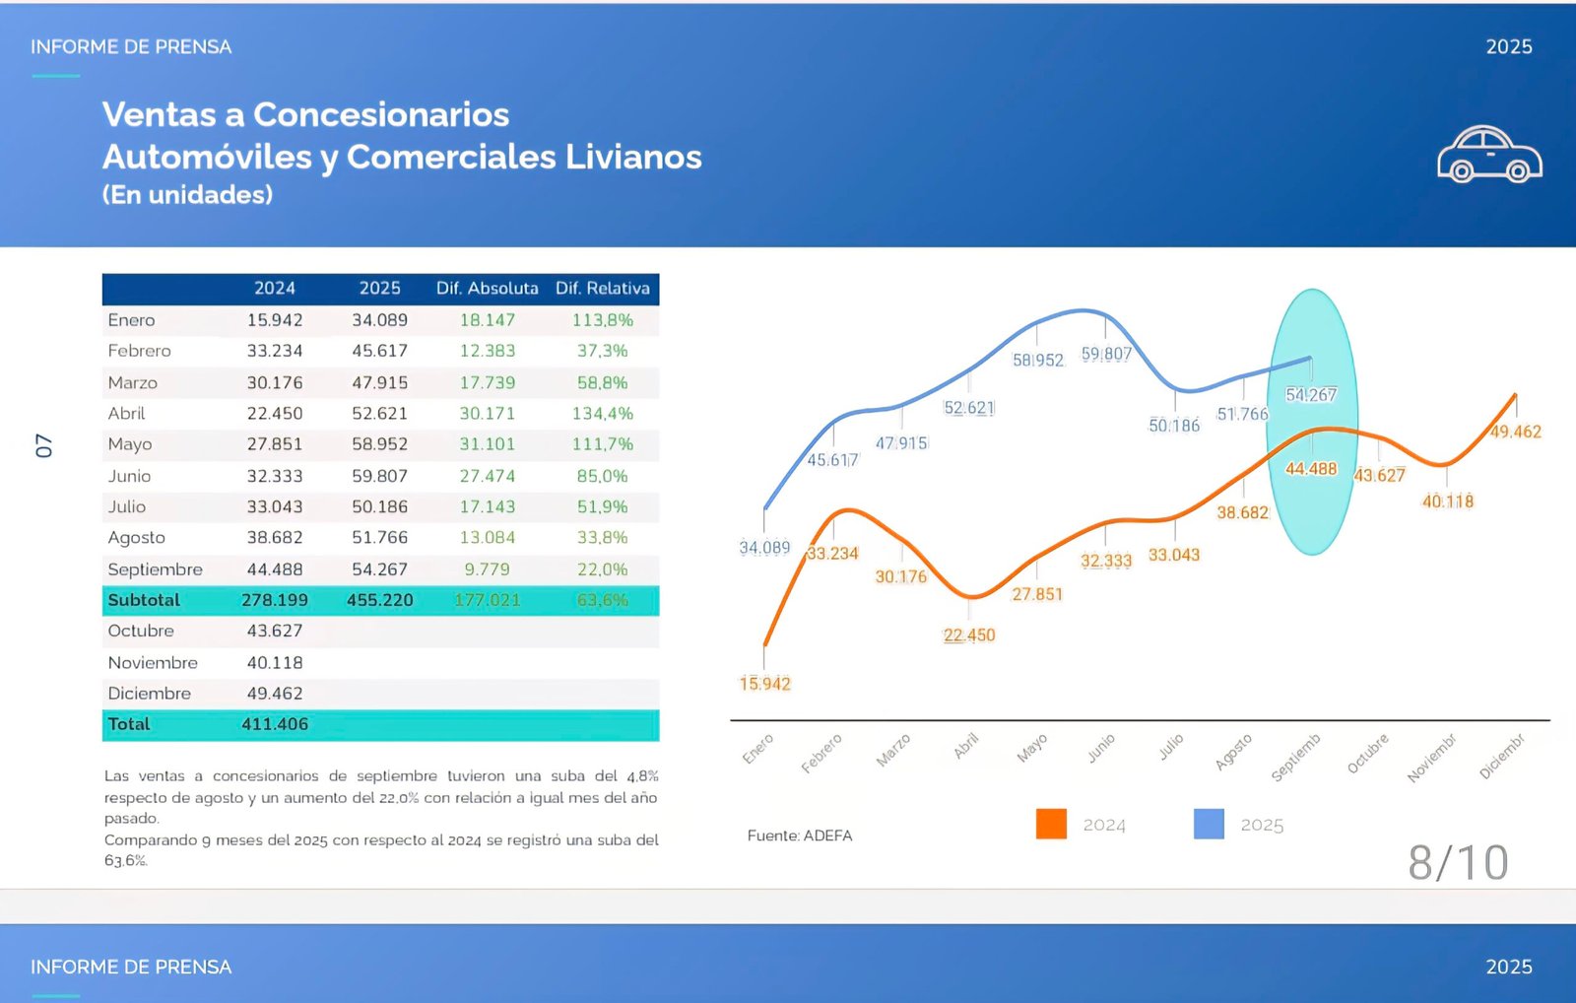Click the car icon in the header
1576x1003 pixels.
point(1489,155)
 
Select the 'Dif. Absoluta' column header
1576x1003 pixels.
point(487,288)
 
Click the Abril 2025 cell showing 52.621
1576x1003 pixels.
point(379,414)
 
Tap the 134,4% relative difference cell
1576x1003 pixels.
point(602,414)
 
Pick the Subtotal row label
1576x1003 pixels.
point(144,600)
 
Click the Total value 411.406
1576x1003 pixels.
point(275,724)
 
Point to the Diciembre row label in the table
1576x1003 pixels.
point(150,694)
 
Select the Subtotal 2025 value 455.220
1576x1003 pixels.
point(379,600)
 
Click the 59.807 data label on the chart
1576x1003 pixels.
point(1106,354)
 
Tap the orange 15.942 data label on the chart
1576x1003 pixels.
point(764,684)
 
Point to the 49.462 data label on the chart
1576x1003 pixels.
point(1515,432)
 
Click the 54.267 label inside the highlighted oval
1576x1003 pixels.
point(1310,395)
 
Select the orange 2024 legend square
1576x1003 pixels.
point(1051,824)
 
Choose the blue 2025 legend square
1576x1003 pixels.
point(1209,824)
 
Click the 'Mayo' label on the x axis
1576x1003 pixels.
point(1031,749)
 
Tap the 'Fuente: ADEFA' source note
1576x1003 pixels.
point(799,836)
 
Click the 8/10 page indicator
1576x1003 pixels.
point(1458,863)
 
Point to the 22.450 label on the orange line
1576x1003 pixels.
point(969,635)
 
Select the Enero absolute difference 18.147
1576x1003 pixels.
point(487,320)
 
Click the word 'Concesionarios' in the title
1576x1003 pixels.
point(381,114)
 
